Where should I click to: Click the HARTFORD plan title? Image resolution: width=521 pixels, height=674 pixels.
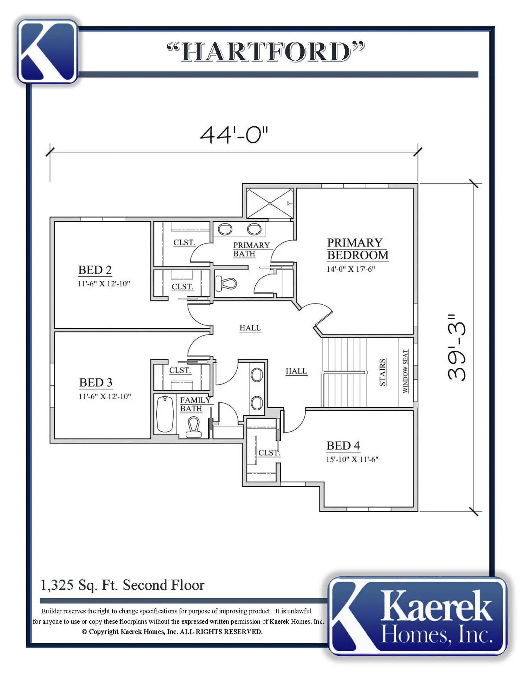[x=266, y=52]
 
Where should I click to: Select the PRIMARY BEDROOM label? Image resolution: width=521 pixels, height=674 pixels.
[x=357, y=249]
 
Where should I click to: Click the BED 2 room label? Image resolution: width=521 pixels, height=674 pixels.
[x=95, y=270]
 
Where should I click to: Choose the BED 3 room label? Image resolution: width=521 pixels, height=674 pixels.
[x=95, y=382]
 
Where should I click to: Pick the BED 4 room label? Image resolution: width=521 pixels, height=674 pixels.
[x=343, y=445]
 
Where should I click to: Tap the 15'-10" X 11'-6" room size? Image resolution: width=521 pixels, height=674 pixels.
[x=352, y=459]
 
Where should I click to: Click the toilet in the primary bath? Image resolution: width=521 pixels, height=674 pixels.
[x=226, y=283]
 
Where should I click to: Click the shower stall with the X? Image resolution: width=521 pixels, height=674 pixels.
[x=270, y=203]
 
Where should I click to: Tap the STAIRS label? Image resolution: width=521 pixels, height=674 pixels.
[x=383, y=372]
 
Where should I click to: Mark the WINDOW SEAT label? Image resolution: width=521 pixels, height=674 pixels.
[x=405, y=371]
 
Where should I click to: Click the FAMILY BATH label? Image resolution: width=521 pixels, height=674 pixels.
[x=196, y=404]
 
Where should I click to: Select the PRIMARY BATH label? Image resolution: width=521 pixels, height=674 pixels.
[x=251, y=249]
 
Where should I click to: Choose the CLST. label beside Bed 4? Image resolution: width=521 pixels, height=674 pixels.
[x=269, y=453]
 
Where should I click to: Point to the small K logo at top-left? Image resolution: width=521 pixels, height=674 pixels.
[x=47, y=52]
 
